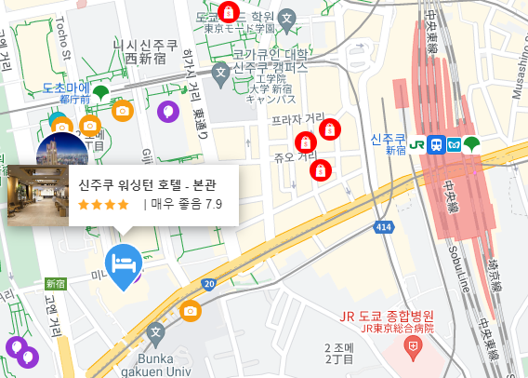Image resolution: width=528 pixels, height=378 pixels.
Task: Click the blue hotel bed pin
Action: click(123, 263)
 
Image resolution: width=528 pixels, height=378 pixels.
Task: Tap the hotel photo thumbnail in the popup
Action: click(36, 195)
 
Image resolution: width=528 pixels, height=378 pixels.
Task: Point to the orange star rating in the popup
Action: click(103, 204)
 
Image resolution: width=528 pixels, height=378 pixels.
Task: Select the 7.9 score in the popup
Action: click(214, 204)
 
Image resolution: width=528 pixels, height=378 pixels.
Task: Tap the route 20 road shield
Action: click(208, 284)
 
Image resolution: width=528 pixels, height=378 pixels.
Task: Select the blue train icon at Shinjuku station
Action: click(436, 144)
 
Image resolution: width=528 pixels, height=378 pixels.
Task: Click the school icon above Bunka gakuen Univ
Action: click(155, 331)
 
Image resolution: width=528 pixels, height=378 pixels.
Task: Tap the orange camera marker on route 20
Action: click(191, 310)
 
